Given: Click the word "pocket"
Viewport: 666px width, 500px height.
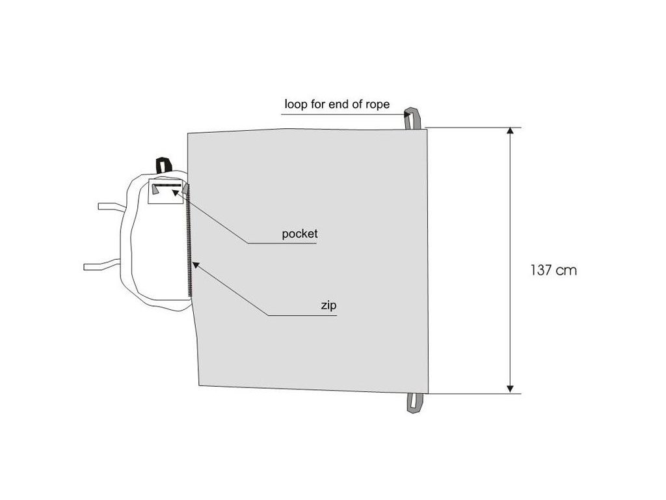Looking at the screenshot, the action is [299, 234].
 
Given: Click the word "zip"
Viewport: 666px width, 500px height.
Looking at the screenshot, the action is [328, 305].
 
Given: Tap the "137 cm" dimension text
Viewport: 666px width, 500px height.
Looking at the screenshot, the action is [553, 270].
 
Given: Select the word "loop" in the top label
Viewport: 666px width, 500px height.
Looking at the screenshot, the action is [294, 104].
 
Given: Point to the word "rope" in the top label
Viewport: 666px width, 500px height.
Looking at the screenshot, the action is [377, 104].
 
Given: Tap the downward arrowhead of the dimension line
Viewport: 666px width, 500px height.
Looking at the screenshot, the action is [511, 388].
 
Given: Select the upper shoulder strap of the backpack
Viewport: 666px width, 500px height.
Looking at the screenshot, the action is [111, 206].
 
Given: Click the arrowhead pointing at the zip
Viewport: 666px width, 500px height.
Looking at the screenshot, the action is [194, 265].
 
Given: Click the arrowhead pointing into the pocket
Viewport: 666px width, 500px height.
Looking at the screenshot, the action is [176, 192].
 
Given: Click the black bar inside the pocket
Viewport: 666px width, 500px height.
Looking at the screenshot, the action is [168, 186].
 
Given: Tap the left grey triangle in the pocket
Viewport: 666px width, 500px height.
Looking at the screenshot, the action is [156, 189].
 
